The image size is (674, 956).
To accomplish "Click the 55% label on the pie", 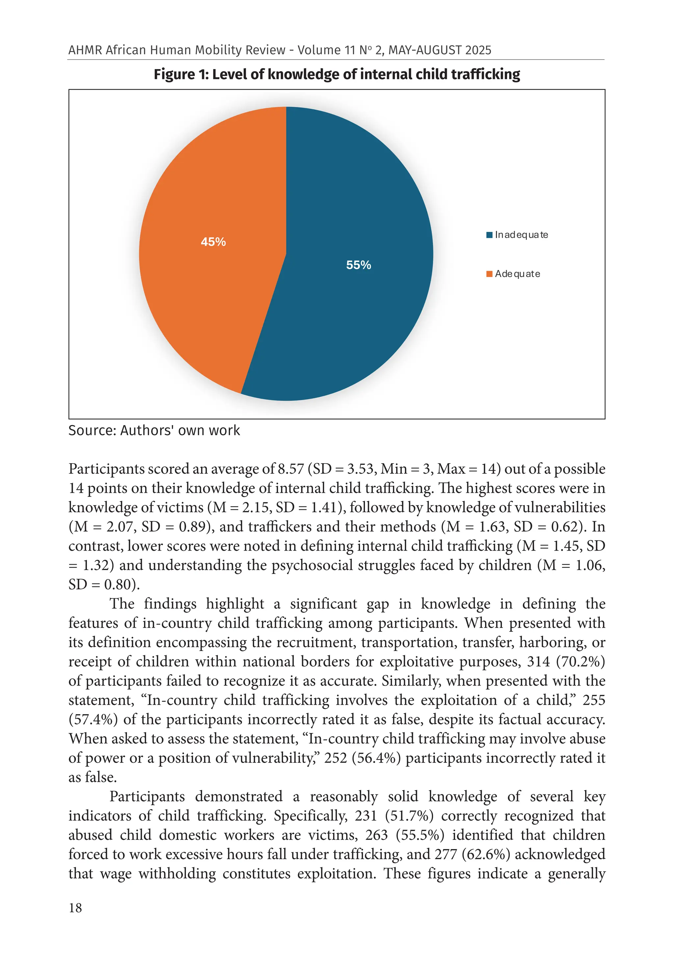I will [x=358, y=265].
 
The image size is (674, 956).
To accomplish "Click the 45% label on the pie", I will [x=213, y=241].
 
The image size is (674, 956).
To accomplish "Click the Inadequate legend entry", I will [x=521, y=235].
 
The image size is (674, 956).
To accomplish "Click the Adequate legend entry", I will [x=517, y=274].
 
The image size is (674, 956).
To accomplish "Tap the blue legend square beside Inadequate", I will [x=489, y=235].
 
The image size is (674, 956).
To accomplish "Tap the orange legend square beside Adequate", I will [x=489, y=274].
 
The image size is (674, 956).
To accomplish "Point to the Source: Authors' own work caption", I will [x=154, y=430].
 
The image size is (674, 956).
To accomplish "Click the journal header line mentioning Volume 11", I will [x=279, y=50].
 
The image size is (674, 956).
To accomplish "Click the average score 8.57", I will [x=291, y=469].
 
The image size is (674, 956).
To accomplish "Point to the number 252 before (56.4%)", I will [x=335, y=758].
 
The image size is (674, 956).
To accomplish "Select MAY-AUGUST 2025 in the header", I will [x=439, y=50].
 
